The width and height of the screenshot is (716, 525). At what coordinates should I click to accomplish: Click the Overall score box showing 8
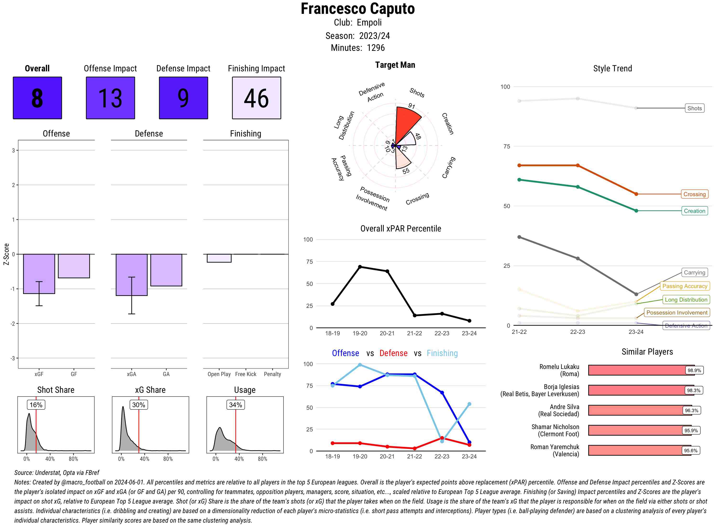pos(37,98)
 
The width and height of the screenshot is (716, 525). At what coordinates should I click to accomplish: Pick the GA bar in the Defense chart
pos(166,270)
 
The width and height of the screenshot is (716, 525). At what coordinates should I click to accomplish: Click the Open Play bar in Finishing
pos(219,258)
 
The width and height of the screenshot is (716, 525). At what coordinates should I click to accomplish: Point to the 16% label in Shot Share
pos(36,404)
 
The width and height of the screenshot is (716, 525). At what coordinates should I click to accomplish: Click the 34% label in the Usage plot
pos(236,404)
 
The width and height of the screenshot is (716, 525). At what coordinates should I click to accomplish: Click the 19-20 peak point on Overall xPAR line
pos(360,267)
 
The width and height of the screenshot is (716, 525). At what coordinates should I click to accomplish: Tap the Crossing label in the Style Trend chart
pos(694,194)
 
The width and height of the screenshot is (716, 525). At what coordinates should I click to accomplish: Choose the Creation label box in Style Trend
pos(694,211)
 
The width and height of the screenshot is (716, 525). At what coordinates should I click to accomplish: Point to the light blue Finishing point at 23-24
pos(469,404)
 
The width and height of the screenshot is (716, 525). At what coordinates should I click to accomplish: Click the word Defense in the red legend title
pos(393,353)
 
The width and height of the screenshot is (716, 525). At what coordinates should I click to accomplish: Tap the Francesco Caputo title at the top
pos(358,9)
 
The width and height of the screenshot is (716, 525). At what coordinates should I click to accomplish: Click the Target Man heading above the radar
pos(395,65)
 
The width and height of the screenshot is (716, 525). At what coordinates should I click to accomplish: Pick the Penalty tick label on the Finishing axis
pos(272,374)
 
